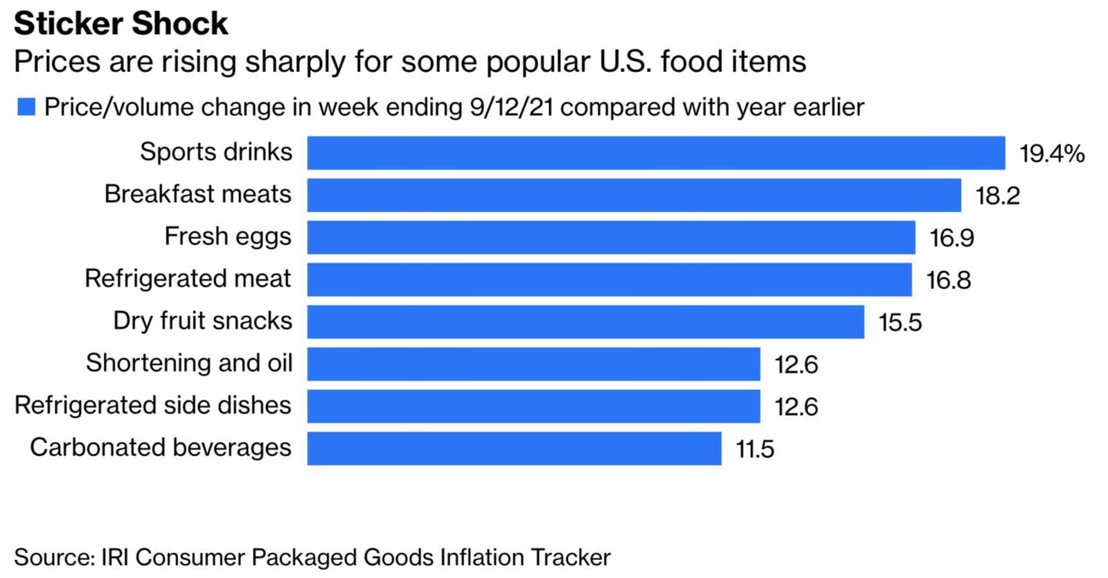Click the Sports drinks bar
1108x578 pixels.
point(656,153)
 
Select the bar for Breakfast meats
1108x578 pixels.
point(634,195)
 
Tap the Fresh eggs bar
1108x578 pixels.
point(611,238)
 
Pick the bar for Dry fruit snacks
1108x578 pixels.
point(585,322)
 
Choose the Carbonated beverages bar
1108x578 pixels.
point(514,449)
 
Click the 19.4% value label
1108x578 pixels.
point(1051,153)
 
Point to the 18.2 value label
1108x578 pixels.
point(997,196)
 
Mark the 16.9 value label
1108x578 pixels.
point(951,238)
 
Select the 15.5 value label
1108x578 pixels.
point(900,323)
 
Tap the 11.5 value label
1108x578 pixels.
point(755,450)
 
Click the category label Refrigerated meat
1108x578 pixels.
point(188,279)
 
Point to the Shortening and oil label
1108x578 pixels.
point(189,363)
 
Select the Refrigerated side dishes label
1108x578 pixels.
point(153,405)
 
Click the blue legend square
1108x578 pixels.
point(26,107)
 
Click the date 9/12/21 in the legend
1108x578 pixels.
point(511,107)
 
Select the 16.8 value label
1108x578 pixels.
point(949,281)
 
